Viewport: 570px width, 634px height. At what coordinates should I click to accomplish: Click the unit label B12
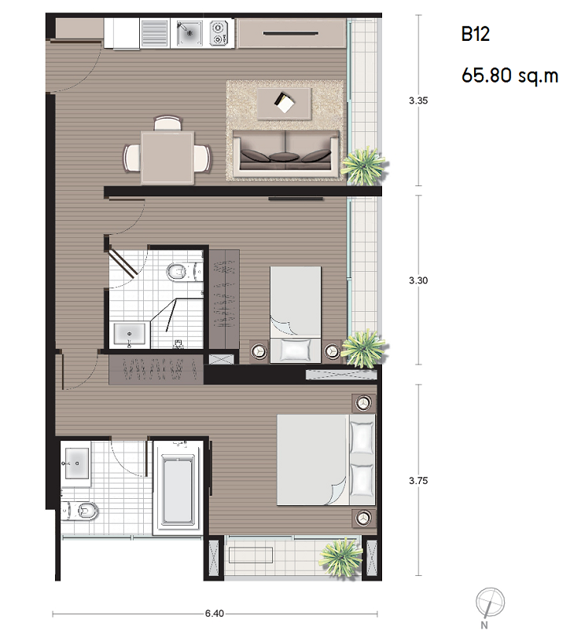(x=476, y=35)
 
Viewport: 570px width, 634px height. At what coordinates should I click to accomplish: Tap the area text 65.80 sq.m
(x=509, y=75)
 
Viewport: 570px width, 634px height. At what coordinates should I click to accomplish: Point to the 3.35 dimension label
(x=418, y=101)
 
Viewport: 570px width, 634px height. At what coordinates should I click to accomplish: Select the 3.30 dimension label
(x=418, y=280)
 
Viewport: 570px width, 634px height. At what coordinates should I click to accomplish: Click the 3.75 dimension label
(x=418, y=480)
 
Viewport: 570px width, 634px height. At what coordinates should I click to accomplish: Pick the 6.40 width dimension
(x=215, y=614)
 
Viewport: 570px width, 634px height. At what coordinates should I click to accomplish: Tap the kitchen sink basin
(x=189, y=33)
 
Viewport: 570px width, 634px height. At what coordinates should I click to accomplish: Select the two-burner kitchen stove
(x=218, y=33)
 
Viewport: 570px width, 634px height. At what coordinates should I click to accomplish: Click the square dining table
(x=167, y=156)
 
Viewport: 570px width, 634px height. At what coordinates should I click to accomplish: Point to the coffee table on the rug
(x=285, y=103)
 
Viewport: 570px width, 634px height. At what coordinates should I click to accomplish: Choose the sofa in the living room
(x=285, y=154)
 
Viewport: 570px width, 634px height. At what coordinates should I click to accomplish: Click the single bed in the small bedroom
(x=296, y=314)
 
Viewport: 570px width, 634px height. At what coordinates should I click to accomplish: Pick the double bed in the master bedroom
(x=326, y=460)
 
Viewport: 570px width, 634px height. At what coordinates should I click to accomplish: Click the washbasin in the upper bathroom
(x=130, y=334)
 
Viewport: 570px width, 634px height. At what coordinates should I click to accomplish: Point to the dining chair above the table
(x=168, y=123)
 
